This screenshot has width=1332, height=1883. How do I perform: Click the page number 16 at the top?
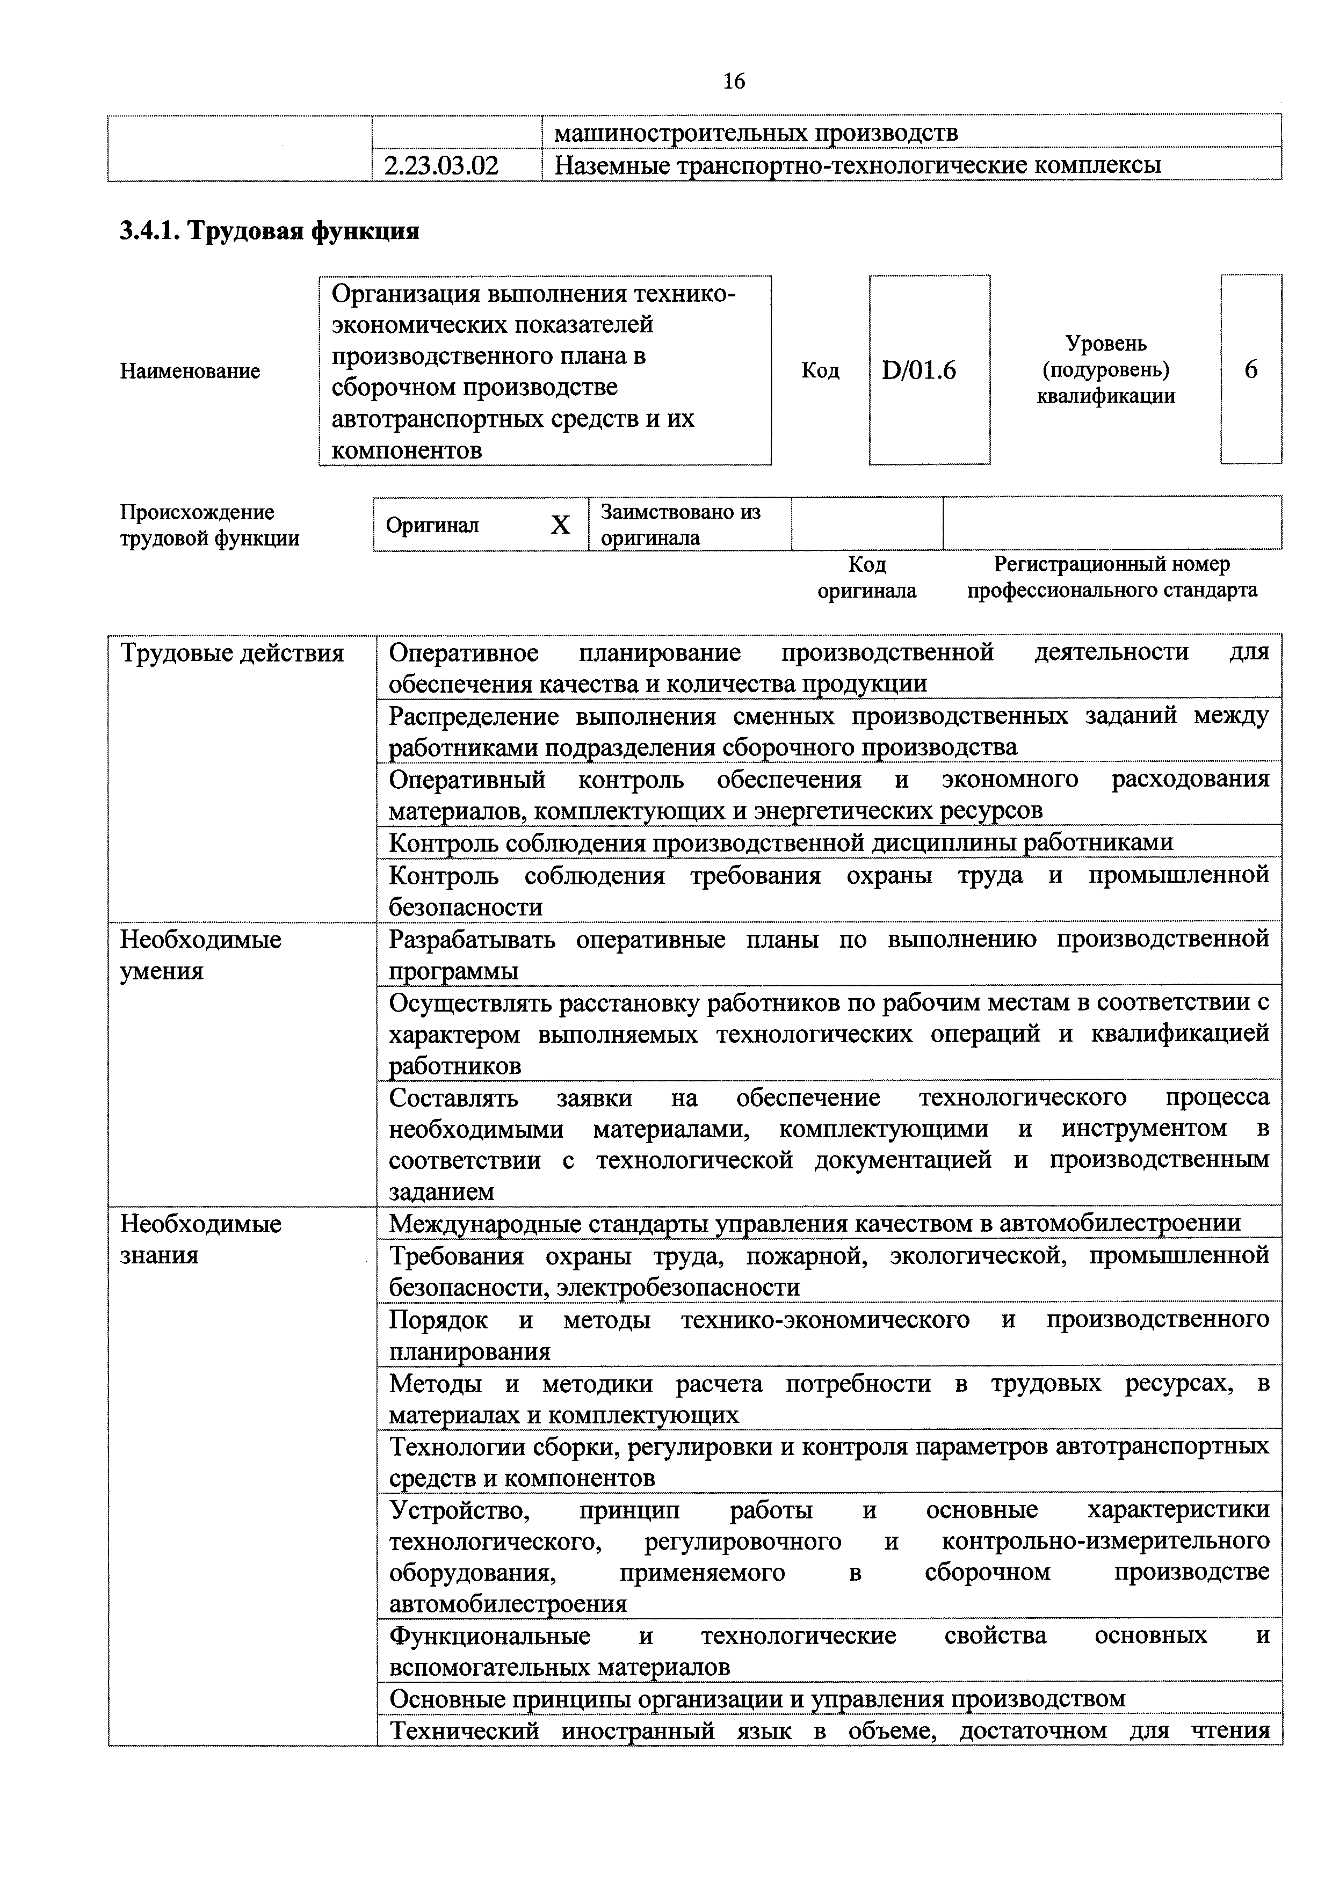click(x=734, y=81)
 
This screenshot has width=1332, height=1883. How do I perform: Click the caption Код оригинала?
click(x=866, y=577)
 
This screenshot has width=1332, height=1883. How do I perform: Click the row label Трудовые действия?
click(x=232, y=653)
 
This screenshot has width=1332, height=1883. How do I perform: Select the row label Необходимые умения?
click(x=201, y=955)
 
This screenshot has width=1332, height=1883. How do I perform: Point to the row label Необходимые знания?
click(x=201, y=1239)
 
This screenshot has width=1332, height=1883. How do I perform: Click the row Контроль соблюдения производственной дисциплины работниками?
click(x=780, y=842)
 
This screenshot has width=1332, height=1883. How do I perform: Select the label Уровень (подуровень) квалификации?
click(x=1106, y=370)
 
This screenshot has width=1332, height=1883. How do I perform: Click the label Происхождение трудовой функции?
click(x=210, y=526)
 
